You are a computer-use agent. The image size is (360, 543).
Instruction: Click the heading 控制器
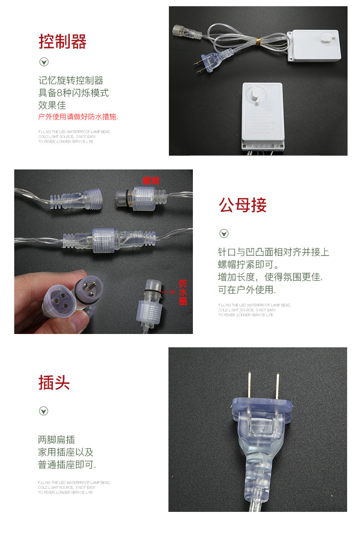click(x=62, y=41)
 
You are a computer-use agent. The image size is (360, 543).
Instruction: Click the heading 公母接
click(x=242, y=205)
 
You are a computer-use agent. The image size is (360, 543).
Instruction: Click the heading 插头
click(x=54, y=382)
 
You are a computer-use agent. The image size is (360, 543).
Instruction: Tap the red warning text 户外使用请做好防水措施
click(x=78, y=117)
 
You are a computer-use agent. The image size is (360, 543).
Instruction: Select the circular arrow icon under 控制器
click(x=44, y=62)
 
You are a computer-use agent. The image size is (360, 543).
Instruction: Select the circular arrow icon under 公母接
click(x=224, y=233)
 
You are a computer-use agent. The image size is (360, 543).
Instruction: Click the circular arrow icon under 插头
click(x=44, y=411)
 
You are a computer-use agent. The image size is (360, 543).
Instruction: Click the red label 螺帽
click(x=151, y=180)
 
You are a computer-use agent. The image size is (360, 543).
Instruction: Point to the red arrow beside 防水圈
click(x=169, y=293)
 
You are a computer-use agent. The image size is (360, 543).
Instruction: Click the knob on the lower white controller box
click(x=256, y=95)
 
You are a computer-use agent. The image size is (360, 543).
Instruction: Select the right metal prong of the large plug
click(x=277, y=385)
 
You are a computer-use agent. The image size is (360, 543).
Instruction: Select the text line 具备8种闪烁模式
click(x=73, y=93)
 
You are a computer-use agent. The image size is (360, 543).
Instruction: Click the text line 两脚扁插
click(x=56, y=440)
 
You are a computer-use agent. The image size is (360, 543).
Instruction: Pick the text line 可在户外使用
click(x=247, y=290)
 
